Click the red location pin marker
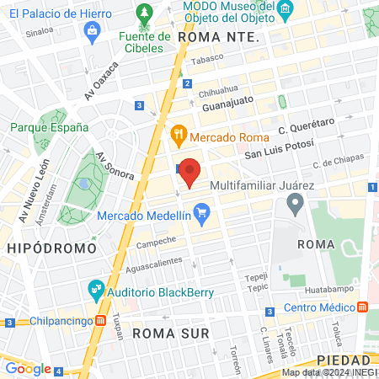tap(190, 171)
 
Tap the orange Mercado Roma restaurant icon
tap(178, 134)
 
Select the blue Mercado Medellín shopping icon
tap(200, 216)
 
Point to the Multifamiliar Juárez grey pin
tap(295, 202)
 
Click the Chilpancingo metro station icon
tap(100, 321)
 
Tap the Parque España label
tap(49, 127)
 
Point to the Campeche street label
tap(156, 243)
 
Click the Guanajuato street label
tap(227, 106)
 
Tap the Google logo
tap(28, 367)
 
